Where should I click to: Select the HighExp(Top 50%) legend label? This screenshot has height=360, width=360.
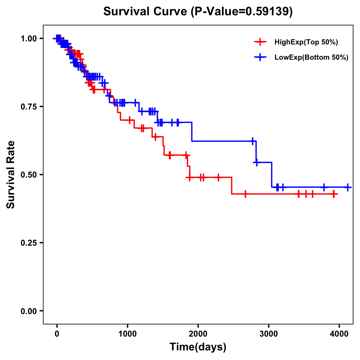click(306, 42)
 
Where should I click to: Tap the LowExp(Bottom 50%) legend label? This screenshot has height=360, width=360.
click(311, 58)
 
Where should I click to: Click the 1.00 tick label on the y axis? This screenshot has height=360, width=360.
click(29, 39)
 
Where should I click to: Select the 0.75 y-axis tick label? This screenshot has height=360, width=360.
click(29, 107)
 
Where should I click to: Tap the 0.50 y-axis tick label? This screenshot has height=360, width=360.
click(29, 175)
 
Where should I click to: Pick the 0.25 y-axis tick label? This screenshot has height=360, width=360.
click(29, 243)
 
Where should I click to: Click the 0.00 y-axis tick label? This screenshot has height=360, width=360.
click(29, 311)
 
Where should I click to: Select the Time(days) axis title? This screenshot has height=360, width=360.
click(198, 347)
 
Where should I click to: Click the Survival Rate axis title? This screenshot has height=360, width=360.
click(11, 175)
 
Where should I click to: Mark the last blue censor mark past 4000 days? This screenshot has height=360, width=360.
click(347, 187)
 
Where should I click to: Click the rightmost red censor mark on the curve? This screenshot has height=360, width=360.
click(334, 194)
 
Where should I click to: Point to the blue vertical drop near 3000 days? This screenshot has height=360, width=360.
click(272, 175)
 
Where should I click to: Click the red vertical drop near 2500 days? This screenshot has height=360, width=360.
click(232, 185)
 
